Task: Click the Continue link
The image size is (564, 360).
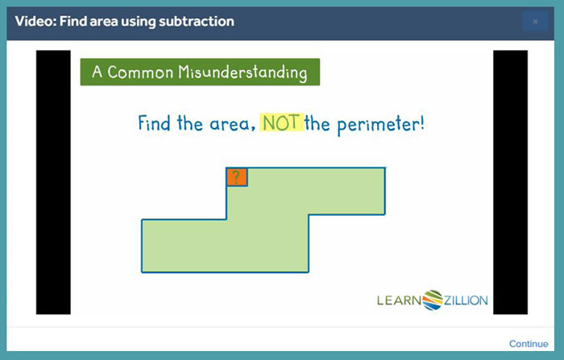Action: tap(529, 344)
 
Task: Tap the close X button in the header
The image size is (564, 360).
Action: tap(535, 21)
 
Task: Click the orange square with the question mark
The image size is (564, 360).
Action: tap(237, 177)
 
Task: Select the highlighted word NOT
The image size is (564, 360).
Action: tap(282, 122)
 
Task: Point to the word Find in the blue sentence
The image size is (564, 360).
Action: tap(155, 123)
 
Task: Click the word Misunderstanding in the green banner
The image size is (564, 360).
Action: tap(243, 72)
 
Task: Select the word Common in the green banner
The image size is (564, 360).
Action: tap(140, 72)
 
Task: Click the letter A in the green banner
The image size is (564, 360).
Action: tap(97, 72)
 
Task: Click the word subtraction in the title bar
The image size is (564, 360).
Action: tap(197, 21)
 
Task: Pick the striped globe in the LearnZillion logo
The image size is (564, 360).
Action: tap(433, 300)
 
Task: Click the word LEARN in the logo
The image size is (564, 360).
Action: tap(400, 300)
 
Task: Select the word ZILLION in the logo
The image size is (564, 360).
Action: tap(466, 300)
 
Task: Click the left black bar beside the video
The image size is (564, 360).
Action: tap(53, 182)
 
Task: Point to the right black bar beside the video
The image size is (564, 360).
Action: tap(510, 182)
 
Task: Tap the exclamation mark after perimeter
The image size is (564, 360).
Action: tap(421, 123)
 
